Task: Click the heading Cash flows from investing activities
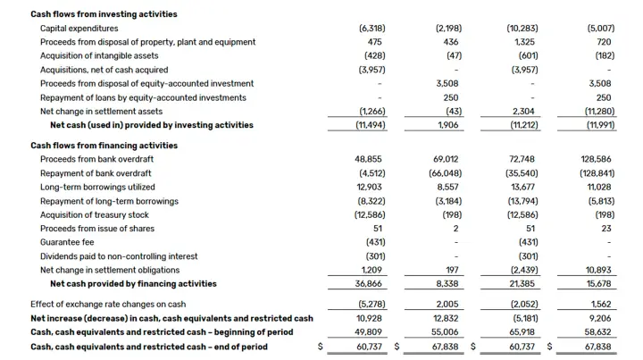[104, 14]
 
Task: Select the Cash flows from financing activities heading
[104, 146]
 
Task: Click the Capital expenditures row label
[79, 29]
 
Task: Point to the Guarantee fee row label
[67, 242]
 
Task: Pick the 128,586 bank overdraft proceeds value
[596, 159]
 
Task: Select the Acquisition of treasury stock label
[95, 215]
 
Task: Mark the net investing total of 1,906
[447, 125]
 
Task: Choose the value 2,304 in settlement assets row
[524, 111]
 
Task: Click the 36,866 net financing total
[368, 284]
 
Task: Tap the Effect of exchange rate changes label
[108, 305]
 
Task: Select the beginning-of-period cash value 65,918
[522, 332]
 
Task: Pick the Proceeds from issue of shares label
[97, 229]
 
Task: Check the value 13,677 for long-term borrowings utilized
[523, 187]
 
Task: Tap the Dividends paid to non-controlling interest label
[119, 256]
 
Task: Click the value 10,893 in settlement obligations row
[598, 270]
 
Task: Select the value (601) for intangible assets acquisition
[528, 55]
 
